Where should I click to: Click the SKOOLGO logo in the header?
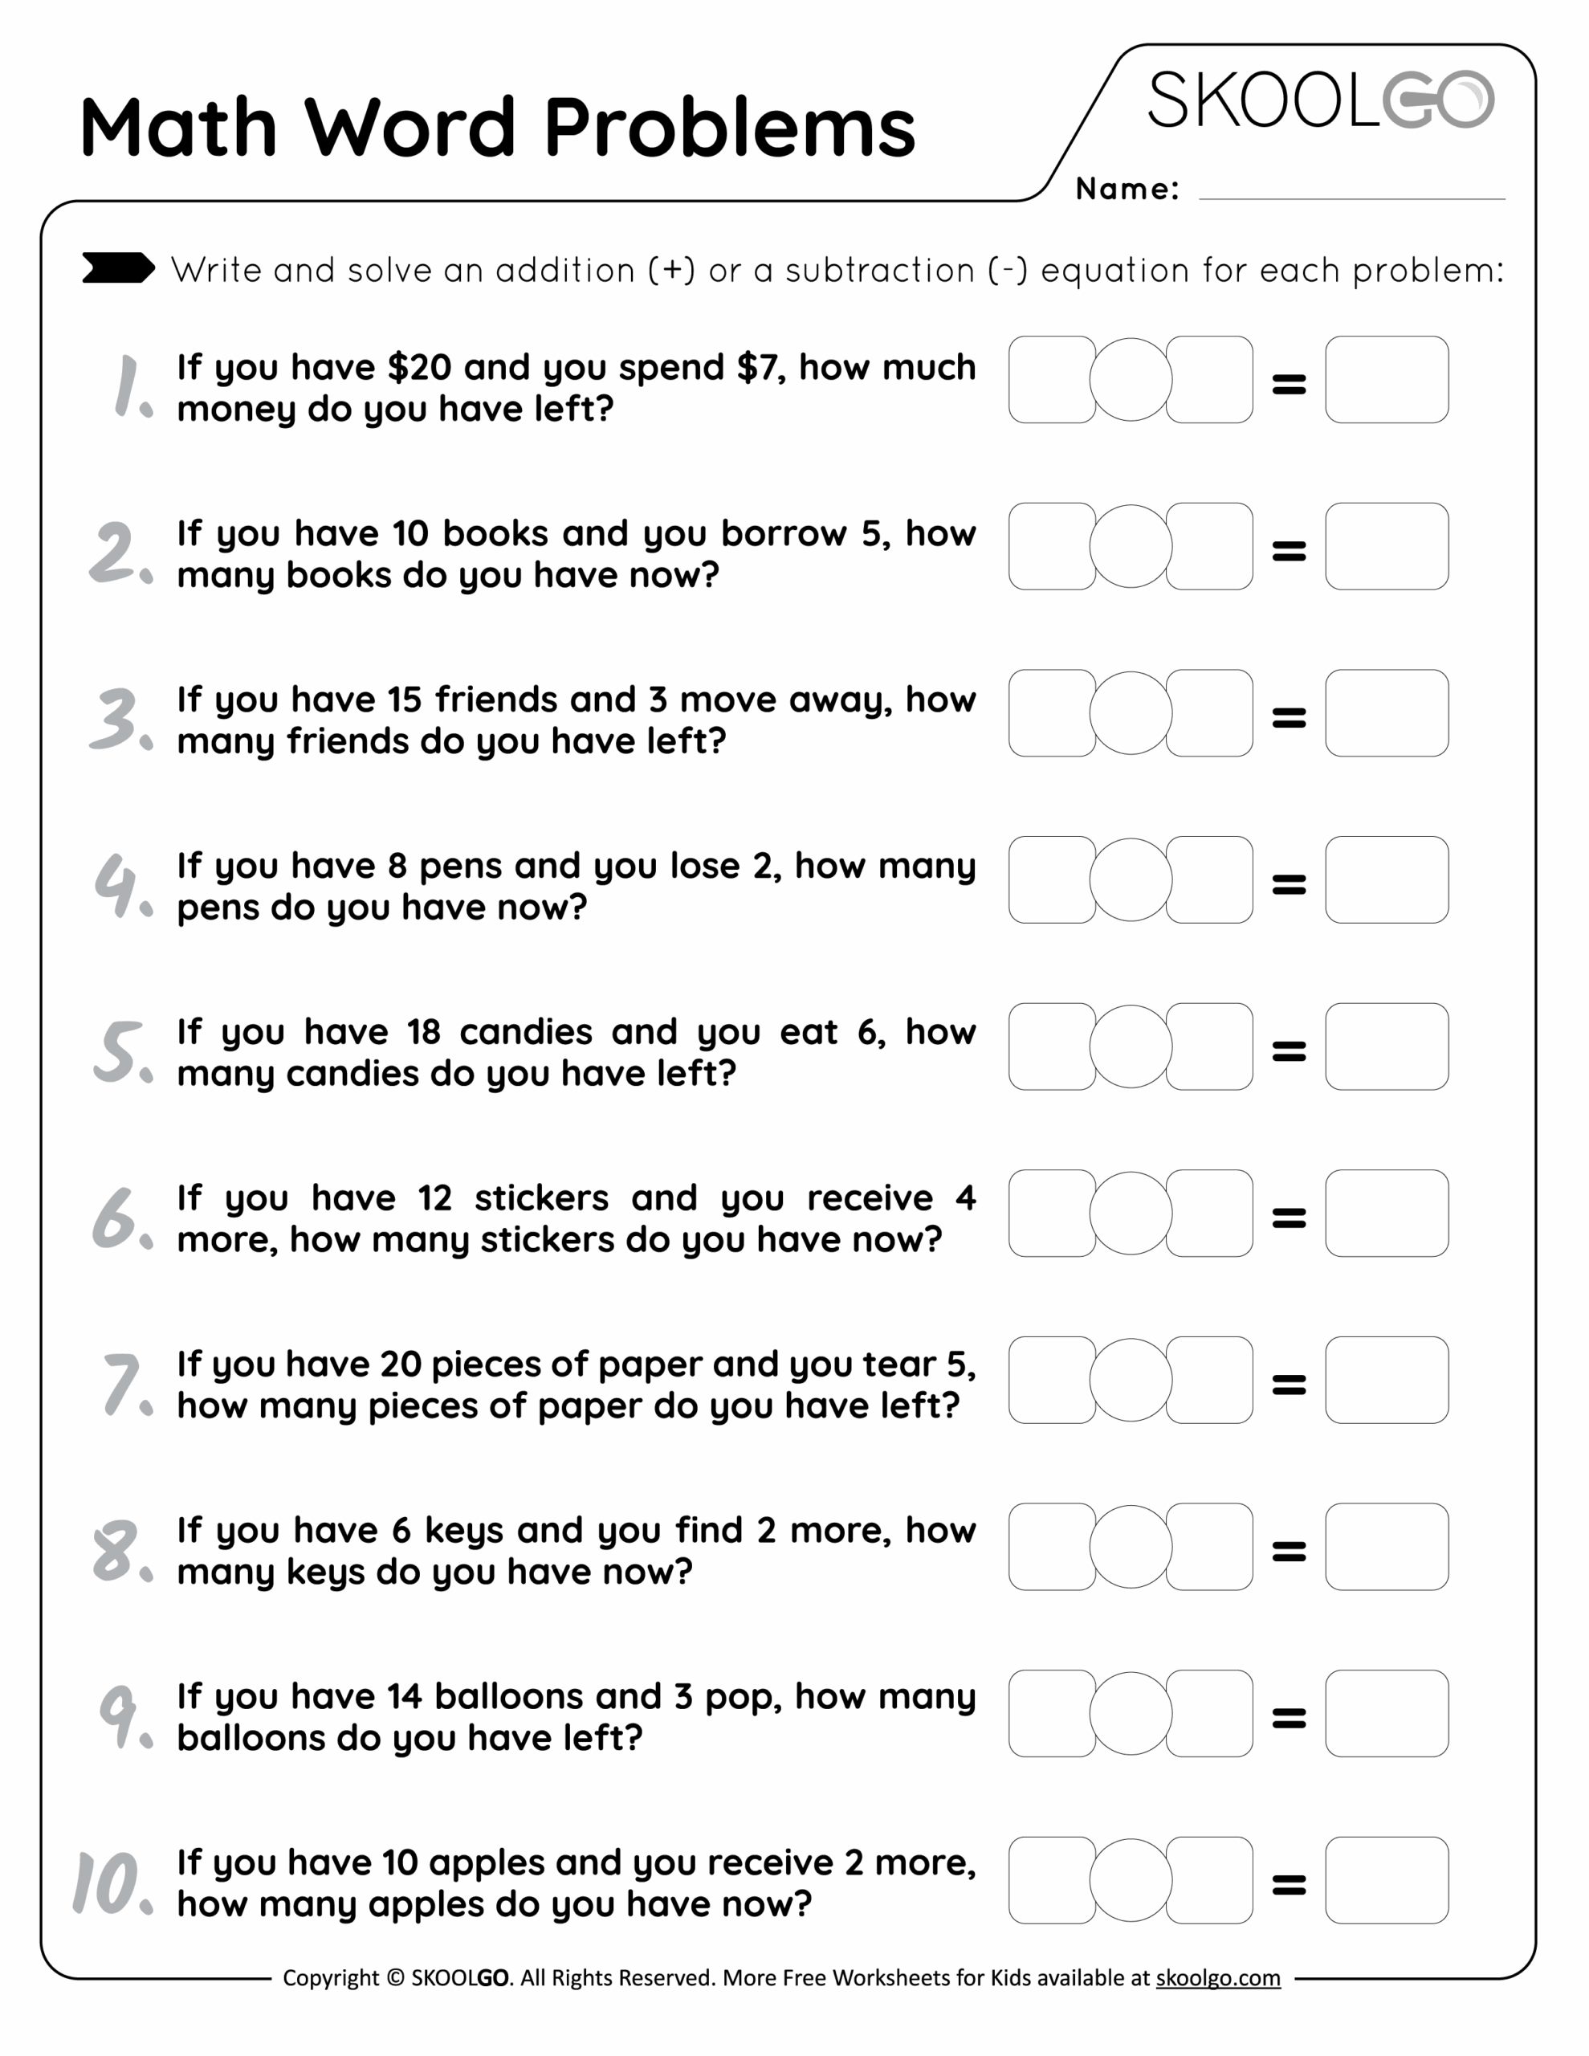[x=1320, y=100]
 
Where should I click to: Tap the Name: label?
[x=1127, y=190]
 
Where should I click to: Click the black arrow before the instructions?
[x=118, y=268]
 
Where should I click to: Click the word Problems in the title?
[x=730, y=129]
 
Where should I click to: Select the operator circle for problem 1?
[x=1131, y=379]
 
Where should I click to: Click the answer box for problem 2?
[x=1386, y=546]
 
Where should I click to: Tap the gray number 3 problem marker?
[x=118, y=720]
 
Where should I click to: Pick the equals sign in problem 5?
[x=1289, y=1050]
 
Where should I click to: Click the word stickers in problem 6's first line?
[x=541, y=1198]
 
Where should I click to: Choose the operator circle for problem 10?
[x=1131, y=1880]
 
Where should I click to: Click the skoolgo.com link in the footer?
[x=1217, y=1978]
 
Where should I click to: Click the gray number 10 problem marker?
[x=108, y=1883]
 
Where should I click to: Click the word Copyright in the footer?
[x=331, y=1978]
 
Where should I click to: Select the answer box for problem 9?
[x=1386, y=1713]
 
